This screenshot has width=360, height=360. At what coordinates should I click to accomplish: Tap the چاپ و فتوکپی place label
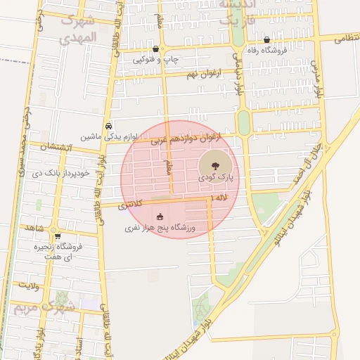click(156, 60)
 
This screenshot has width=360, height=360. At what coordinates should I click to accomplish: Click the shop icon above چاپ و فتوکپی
click(155, 49)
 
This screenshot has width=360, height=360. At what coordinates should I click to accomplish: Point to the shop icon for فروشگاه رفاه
click(266, 39)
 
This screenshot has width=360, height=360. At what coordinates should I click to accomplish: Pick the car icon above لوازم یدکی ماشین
click(108, 126)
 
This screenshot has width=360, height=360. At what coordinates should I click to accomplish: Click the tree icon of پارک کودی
click(214, 165)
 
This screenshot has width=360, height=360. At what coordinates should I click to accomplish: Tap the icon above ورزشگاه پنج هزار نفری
click(160, 217)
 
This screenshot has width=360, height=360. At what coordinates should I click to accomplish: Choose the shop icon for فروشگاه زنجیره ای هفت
click(57, 236)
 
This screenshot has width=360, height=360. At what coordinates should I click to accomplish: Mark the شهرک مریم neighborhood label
click(44, 307)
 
